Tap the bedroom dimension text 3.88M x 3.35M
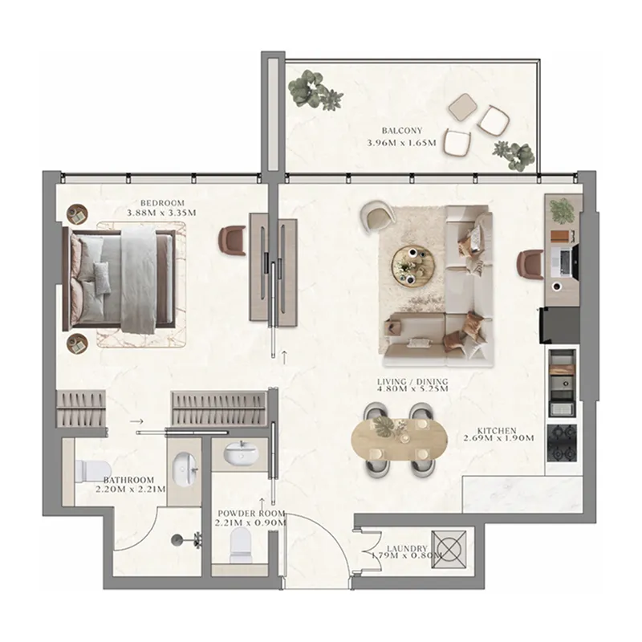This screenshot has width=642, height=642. point(162,213)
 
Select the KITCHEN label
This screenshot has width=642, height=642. point(497,431)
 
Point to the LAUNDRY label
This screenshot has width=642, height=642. point(407,549)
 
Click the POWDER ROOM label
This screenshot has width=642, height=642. point(251,514)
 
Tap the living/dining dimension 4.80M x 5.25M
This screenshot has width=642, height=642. point(412,388)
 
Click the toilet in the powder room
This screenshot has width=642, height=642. point(239,545)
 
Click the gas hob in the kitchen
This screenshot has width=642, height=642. point(561,443)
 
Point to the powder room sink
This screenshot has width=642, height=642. point(242,453)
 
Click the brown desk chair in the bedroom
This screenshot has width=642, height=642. point(232,242)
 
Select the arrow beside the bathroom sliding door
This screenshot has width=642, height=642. point(137,421)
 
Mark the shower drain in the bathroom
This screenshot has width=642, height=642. point(177,540)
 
